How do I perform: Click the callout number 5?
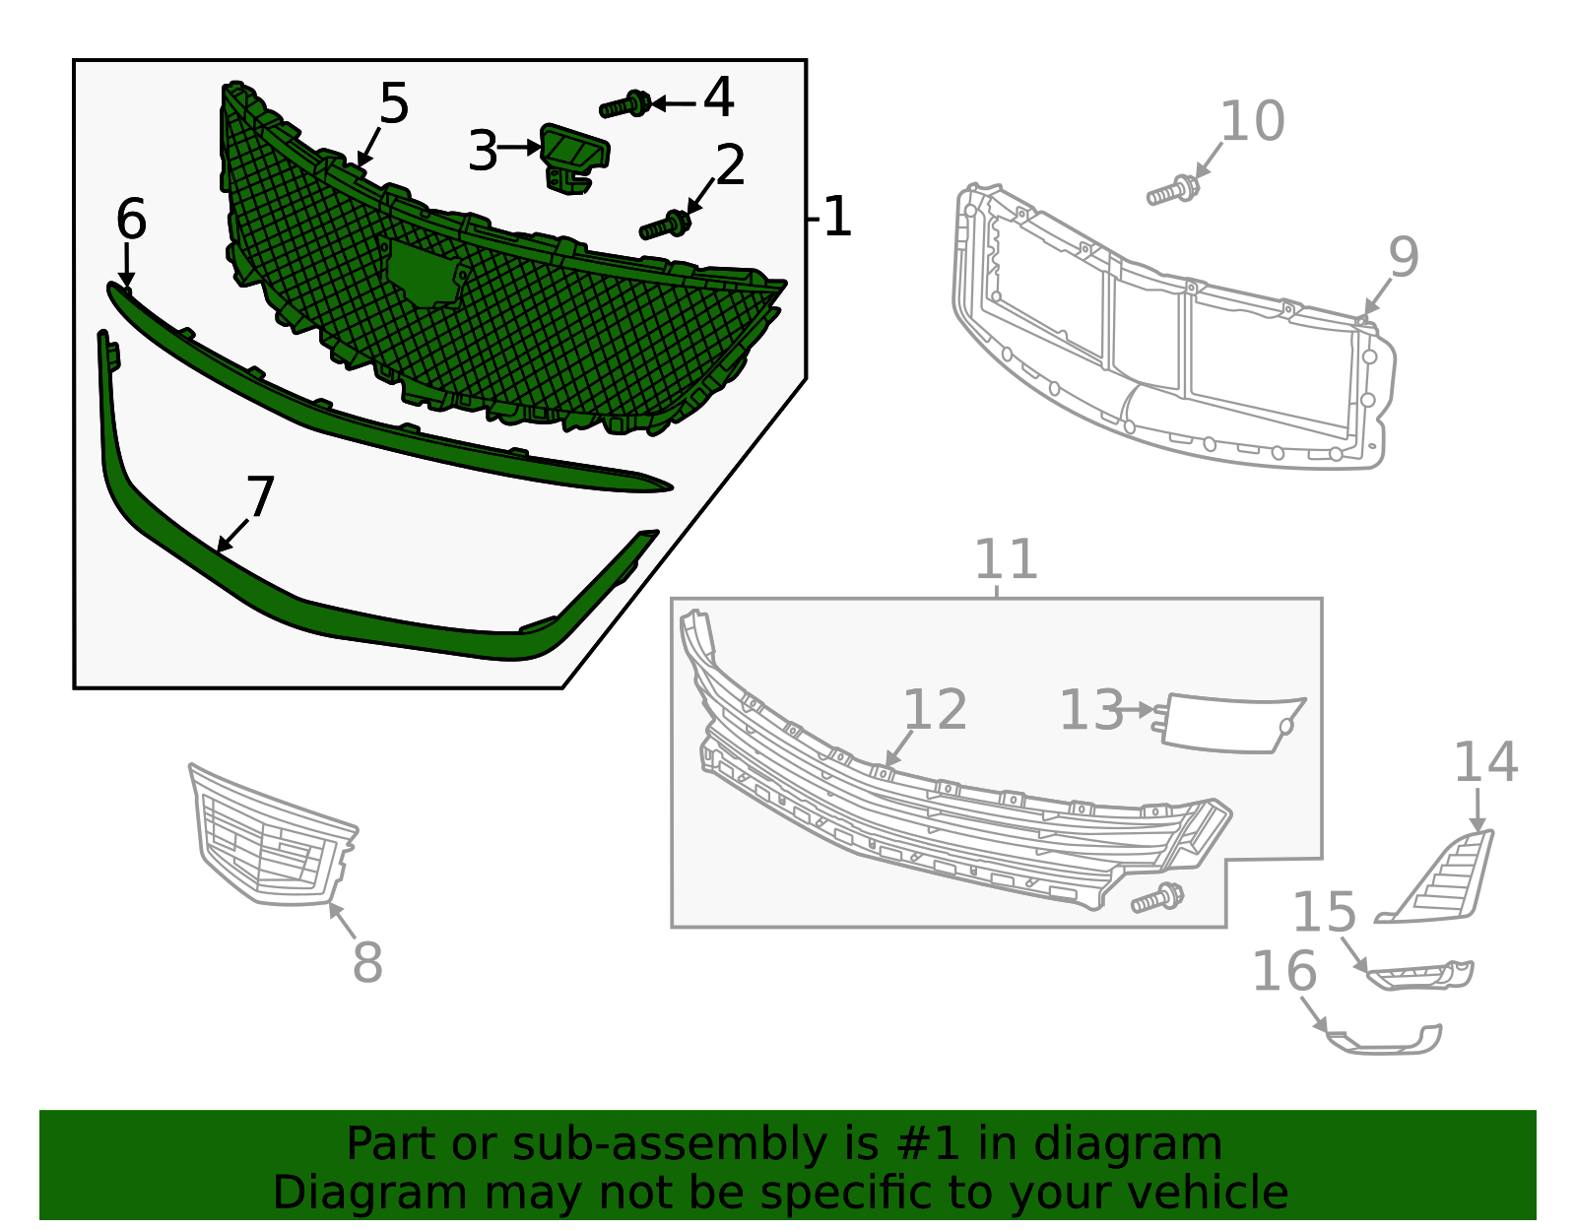pos(394,103)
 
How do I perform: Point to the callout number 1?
pos(836,217)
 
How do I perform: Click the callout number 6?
pos(130,219)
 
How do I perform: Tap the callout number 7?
pos(259,497)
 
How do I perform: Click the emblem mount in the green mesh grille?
pos(424,273)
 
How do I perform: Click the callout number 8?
pos(367,962)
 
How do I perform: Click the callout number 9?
pos(1404,256)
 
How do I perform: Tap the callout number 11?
pos(1006,559)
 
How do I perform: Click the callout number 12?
pos(935,709)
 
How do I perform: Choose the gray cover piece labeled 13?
pos(1231,724)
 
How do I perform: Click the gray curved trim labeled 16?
pos(1384,1041)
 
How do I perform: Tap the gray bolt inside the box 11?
pos(1157,898)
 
